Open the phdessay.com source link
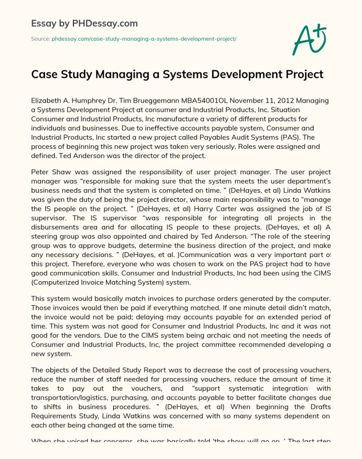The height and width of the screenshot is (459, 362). click(143, 39)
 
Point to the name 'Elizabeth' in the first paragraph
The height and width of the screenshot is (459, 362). click(47, 100)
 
